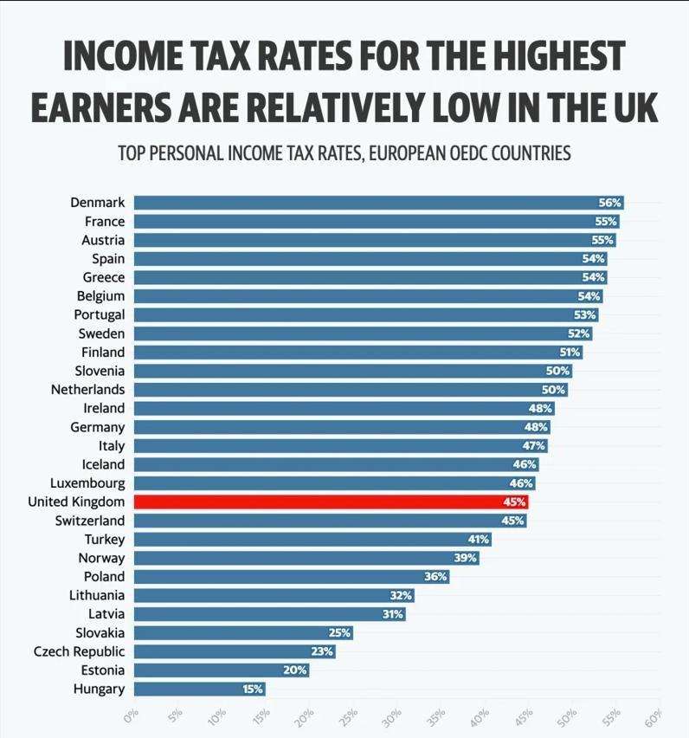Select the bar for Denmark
(378, 203)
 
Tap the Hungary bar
(199, 689)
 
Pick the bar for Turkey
(312, 540)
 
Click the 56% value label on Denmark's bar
(609, 203)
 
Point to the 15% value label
(252, 689)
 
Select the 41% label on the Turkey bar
(478, 540)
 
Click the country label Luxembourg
(87, 483)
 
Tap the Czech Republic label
(79, 651)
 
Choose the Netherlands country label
(87, 390)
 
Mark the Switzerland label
(89, 521)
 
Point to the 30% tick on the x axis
(393, 717)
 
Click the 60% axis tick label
(654, 717)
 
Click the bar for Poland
(292, 577)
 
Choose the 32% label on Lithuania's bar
(401, 596)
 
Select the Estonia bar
(221, 670)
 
